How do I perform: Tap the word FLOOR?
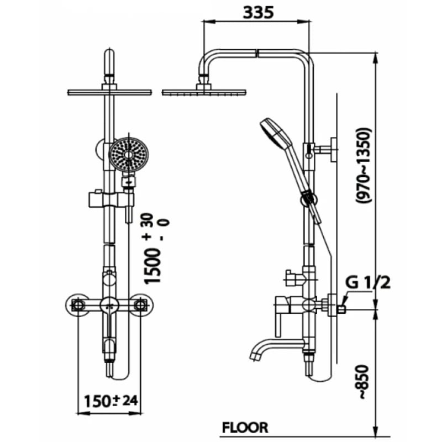[245, 427]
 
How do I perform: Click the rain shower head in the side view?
[204, 92]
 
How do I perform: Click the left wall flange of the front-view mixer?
[77, 304]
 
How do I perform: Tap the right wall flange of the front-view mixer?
[141, 304]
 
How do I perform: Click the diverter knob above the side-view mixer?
[291, 278]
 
